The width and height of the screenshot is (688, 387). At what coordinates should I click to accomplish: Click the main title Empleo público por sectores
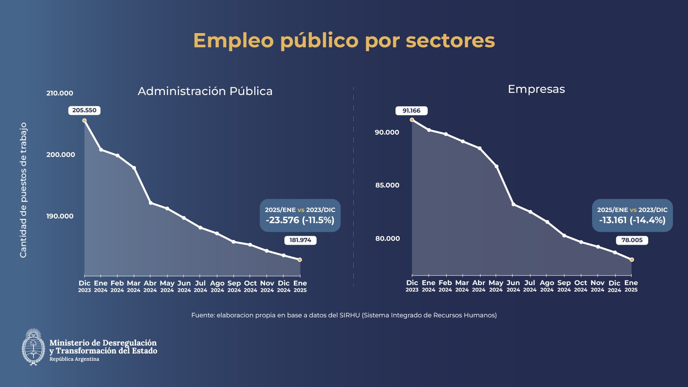[344, 40]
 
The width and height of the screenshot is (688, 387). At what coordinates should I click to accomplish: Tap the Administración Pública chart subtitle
[205, 91]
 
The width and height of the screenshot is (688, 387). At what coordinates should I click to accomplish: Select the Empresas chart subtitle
[536, 89]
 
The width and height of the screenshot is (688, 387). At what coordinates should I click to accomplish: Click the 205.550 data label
[84, 111]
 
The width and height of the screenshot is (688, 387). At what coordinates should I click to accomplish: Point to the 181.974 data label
[300, 240]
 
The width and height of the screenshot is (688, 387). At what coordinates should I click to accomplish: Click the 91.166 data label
[411, 111]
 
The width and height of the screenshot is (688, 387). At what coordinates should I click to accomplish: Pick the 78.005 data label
[632, 240]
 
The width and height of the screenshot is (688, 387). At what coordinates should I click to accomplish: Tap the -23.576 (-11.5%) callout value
[300, 220]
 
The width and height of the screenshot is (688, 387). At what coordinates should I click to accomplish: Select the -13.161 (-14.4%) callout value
[632, 220]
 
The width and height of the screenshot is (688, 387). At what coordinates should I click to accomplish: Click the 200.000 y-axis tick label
[61, 155]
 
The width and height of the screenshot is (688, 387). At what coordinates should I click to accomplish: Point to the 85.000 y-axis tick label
[387, 185]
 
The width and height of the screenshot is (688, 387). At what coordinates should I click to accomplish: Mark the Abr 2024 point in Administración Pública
[151, 203]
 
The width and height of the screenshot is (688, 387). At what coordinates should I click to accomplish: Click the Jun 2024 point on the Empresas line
[513, 204]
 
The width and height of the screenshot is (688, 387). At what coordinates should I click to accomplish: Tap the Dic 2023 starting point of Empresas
[412, 120]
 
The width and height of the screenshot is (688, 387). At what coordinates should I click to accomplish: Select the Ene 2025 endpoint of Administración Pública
[300, 260]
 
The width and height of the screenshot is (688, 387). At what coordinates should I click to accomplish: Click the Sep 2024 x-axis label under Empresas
[564, 286]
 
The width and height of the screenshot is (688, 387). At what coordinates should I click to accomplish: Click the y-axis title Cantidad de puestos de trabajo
[23, 190]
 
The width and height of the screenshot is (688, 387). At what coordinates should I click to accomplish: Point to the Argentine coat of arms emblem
[33, 347]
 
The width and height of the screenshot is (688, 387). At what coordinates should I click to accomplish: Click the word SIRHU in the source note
[349, 315]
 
